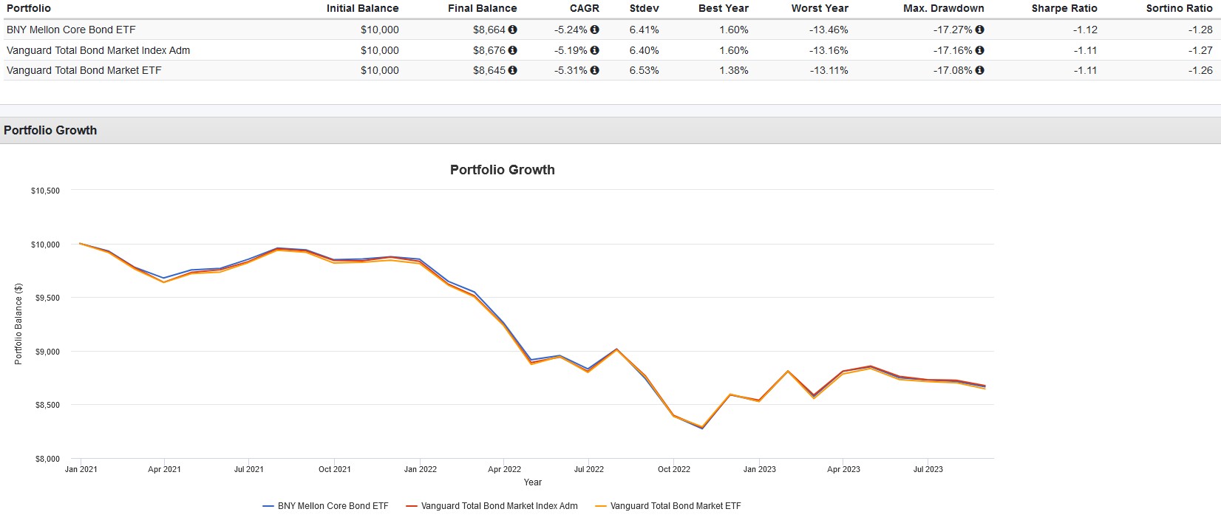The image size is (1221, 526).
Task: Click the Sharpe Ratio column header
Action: click(1064, 8)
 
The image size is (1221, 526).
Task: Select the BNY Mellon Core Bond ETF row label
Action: click(71, 30)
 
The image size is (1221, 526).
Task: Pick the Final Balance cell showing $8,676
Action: click(489, 50)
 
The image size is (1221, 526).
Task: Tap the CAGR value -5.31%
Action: click(571, 70)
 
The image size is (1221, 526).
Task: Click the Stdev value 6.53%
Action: click(644, 70)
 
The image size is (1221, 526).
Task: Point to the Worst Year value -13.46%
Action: click(829, 30)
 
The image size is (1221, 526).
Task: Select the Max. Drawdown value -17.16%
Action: click(953, 50)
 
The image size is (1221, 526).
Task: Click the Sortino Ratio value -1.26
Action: click(1200, 70)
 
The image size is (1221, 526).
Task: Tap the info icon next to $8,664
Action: click(513, 30)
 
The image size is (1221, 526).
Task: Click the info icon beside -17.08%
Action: click(980, 70)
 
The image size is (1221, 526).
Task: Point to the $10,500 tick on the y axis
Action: click(45, 191)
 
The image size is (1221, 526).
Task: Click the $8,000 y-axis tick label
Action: click(47, 459)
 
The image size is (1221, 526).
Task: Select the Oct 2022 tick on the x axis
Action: click(674, 469)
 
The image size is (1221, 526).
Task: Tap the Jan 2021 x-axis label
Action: click(81, 469)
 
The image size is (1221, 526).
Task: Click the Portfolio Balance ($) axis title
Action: click(18, 324)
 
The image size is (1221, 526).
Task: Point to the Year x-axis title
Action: click(532, 482)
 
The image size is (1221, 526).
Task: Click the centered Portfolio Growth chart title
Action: click(502, 169)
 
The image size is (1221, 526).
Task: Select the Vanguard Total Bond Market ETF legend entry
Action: click(675, 506)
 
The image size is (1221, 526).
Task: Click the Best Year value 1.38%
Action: click(733, 70)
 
